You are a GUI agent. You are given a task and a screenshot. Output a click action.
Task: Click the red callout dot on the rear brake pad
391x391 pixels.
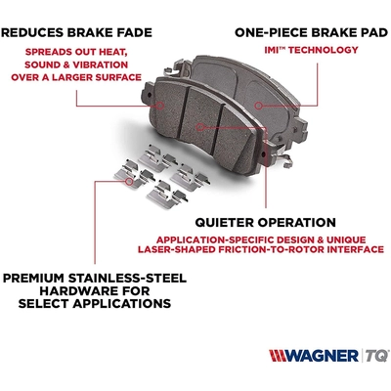pyautogui.click(x=257, y=104)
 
